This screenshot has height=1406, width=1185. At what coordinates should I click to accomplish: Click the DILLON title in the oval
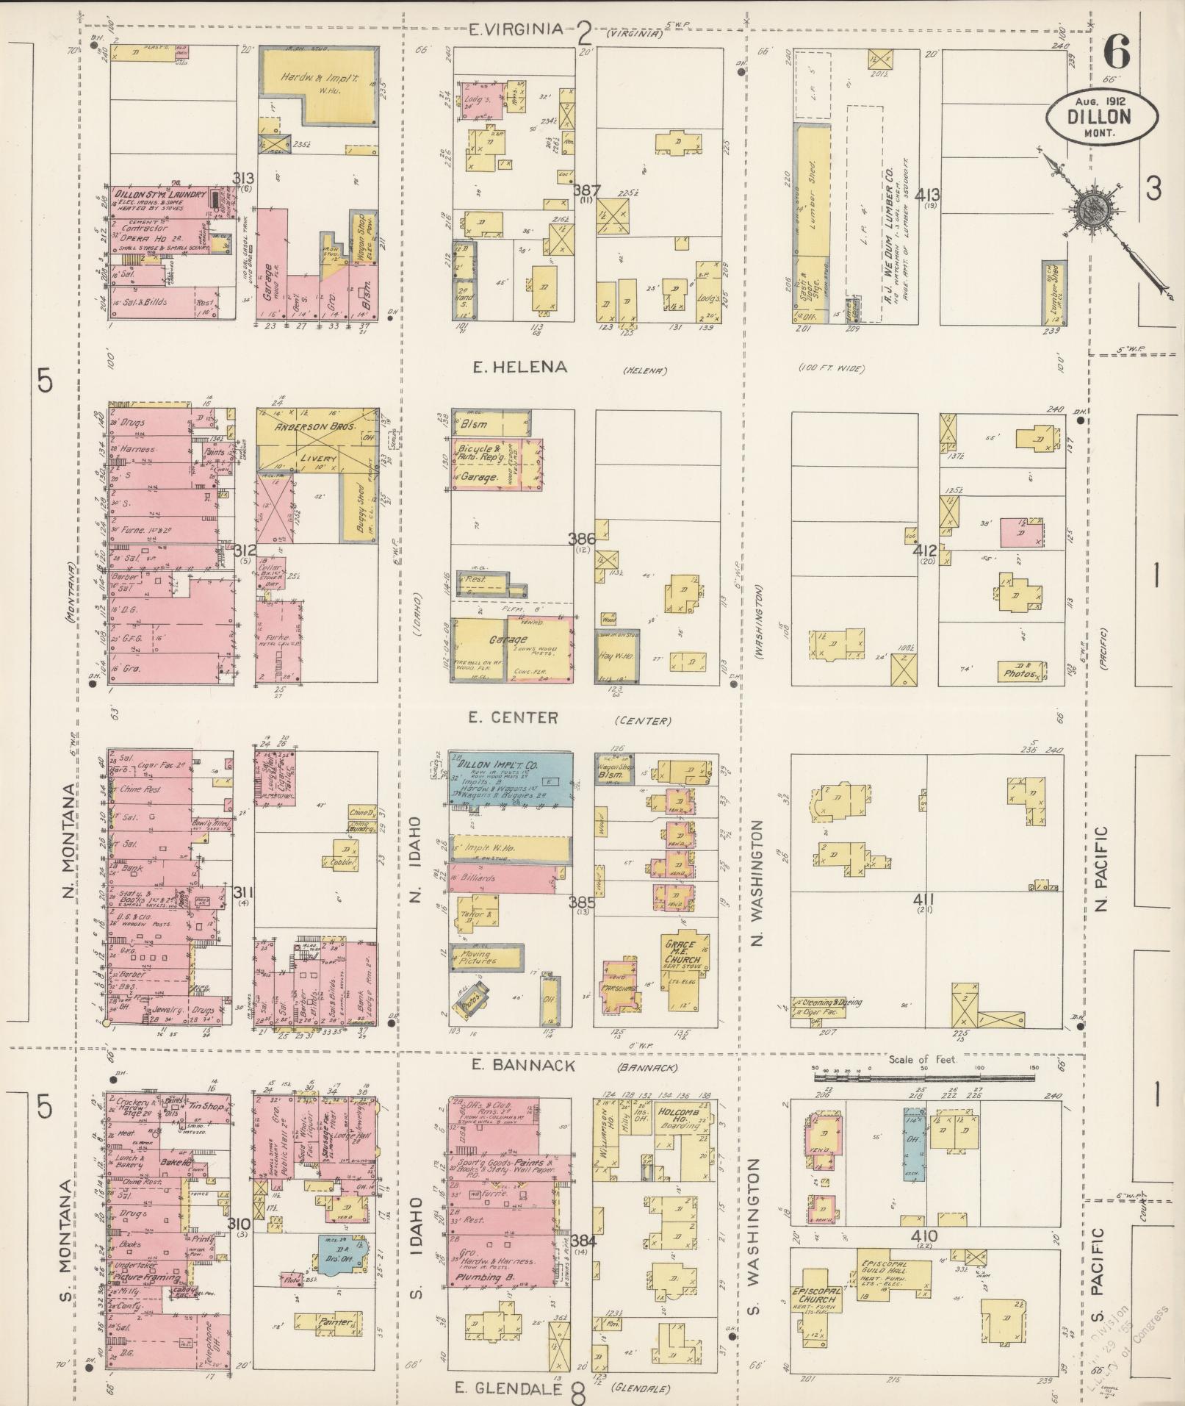pos(1103,115)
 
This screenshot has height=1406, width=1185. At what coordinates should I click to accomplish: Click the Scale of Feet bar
pos(924,1078)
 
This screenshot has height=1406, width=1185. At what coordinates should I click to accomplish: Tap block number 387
pos(586,190)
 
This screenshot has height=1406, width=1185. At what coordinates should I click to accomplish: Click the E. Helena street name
pos(519,367)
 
